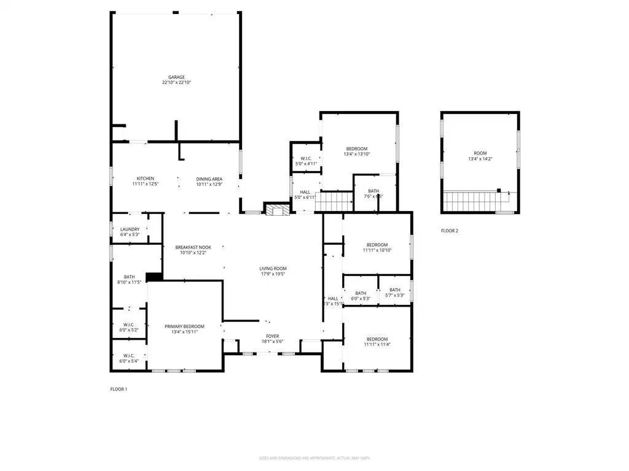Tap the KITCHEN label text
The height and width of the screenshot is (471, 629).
(x=145, y=178)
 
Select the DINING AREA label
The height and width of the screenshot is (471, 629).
(x=209, y=178)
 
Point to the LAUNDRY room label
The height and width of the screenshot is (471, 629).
(x=130, y=229)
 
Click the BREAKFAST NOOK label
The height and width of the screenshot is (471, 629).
(x=193, y=247)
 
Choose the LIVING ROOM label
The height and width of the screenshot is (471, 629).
(x=272, y=269)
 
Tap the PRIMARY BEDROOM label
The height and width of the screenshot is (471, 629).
(x=184, y=326)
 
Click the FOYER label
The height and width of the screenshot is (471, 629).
(x=272, y=336)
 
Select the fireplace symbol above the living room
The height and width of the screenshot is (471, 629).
(x=276, y=210)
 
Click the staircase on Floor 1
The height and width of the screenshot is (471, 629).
(x=335, y=200)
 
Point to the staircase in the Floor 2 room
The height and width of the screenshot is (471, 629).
(x=475, y=199)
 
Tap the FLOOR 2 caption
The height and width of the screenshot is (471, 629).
(x=450, y=231)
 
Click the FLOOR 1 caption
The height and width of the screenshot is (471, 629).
(x=119, y=389)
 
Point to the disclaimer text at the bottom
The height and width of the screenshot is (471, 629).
(x=314, y=458)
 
